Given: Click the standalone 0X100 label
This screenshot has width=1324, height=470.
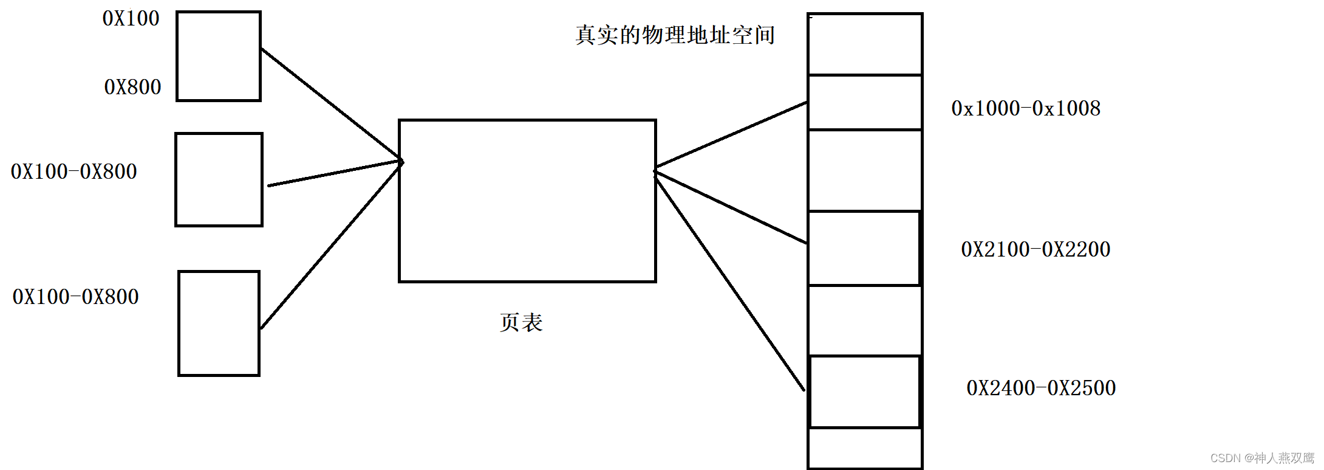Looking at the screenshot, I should point(131,19).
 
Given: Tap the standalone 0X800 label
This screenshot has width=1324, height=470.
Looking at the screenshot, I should point(132,88).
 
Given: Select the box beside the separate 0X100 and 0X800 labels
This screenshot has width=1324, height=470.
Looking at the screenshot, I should point(219,56).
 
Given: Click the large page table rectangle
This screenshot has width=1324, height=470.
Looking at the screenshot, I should point(527,201).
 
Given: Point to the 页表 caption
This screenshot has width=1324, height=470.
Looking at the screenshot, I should point(521,322).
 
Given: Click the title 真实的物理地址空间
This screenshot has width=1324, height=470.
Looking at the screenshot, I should point(675,35).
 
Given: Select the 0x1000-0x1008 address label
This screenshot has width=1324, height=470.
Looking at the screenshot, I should point(1026,109).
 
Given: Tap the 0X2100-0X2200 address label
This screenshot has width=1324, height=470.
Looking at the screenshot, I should point(1036,249).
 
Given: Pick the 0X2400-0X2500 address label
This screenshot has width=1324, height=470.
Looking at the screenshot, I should point(1041,388).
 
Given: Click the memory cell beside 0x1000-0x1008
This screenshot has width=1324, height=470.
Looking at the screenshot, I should point(865,102).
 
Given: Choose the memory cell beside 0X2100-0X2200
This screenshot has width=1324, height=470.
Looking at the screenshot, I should point(865,248).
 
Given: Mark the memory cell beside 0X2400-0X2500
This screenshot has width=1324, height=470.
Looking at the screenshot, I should point(865,392).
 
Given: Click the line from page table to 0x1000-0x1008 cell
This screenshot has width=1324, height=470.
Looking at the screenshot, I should point(732,134).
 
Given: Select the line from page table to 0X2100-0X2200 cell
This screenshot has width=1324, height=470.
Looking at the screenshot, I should point(732,208).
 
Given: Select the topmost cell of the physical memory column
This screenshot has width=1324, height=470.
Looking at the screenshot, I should point(865,44).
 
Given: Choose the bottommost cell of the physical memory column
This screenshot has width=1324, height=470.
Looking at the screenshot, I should point(865,448).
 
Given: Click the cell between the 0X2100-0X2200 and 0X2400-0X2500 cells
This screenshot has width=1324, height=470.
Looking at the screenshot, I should point(865,320).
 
